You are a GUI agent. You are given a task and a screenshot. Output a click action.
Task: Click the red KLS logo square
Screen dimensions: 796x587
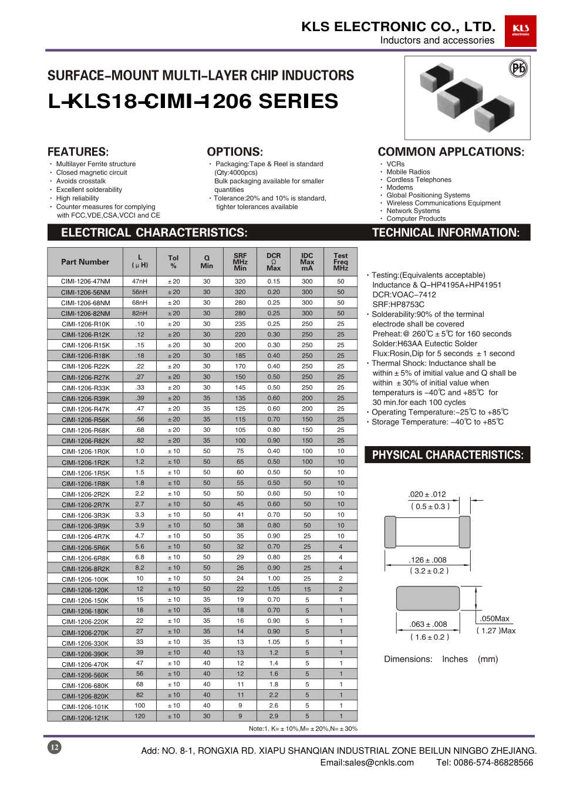pos(520,31)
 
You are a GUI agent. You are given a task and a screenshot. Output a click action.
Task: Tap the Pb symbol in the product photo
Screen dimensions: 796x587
pos(518,69)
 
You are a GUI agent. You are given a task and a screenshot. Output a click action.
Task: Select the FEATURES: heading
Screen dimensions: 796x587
pos(78,151)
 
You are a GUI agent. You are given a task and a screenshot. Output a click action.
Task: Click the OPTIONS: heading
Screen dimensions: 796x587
pos(235,151)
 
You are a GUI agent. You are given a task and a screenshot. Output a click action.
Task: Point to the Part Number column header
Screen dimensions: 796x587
pos(85,262)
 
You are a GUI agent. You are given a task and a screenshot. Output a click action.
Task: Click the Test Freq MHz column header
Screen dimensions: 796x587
pos(340,262)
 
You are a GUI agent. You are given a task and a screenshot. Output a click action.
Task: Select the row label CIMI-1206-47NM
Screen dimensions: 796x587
pos(86,282)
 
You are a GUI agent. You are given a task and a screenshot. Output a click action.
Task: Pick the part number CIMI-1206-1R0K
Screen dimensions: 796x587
pos(86,451)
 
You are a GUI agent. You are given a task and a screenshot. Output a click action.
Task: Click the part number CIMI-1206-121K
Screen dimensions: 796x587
pos(86,717)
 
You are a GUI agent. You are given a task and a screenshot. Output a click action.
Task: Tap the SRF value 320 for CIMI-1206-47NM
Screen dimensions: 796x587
pos(240,282)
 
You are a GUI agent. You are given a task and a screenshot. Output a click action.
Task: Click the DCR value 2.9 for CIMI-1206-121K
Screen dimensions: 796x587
pos(274,716)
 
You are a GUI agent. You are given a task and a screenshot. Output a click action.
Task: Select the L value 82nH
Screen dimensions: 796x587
pos(140,313)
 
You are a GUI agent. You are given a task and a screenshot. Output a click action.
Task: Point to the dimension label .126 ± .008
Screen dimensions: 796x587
pos(428,560)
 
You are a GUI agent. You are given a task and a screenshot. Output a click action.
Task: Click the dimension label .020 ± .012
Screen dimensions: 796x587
pos(427,494)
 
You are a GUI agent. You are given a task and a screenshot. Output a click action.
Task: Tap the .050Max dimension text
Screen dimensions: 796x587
pos(495,619)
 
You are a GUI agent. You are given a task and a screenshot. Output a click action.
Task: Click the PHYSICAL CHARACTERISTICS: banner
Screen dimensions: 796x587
pos(447,455)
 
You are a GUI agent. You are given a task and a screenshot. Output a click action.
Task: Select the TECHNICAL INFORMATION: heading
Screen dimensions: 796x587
pos(446,232)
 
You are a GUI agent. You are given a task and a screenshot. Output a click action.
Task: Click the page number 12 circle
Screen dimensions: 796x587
pos(54,747)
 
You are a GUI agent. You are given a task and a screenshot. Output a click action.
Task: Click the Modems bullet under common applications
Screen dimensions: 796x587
pos(400,187)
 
